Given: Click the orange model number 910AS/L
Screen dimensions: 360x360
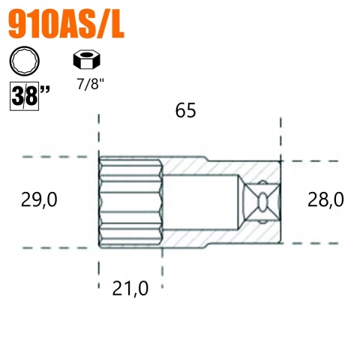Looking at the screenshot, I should [66, 25].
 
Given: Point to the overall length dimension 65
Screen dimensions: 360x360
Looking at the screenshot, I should [185, 110].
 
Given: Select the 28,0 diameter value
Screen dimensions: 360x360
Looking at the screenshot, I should [325, 199].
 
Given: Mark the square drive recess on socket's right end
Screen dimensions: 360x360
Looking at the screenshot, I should [263, 202].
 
